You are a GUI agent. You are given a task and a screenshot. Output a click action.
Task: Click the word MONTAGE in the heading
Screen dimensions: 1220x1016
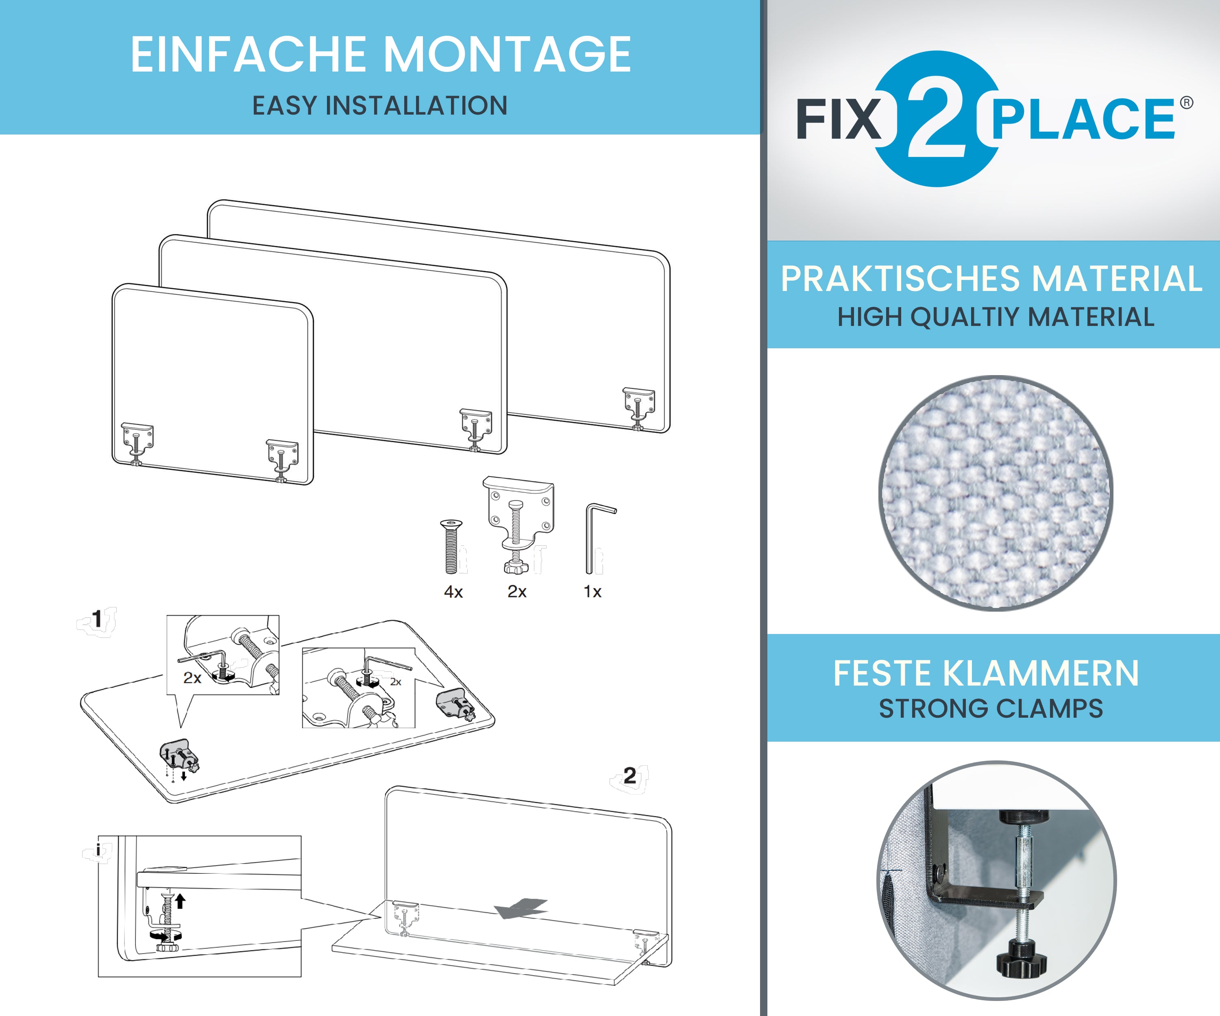click(x=508, y=54)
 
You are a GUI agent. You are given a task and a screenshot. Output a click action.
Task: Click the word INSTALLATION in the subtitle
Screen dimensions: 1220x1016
click(x=416, y=106)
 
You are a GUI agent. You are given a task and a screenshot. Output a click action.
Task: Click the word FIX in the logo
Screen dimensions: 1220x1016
click(x=838, y=119)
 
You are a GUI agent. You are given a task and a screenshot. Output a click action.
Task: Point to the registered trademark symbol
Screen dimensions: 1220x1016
click(x=1186, y=103)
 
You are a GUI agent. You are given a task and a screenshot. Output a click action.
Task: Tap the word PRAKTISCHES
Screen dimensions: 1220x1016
click(x=900, y=279)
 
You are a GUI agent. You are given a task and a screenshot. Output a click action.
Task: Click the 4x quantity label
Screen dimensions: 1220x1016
click(x=453, y=592)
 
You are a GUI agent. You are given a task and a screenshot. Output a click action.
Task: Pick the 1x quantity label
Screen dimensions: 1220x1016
click(x=593, y=592)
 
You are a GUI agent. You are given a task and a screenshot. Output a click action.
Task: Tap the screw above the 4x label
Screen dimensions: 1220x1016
click(x=451, y=546)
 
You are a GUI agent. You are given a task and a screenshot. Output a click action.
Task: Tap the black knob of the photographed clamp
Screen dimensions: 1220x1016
click(x=1021, y=962)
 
